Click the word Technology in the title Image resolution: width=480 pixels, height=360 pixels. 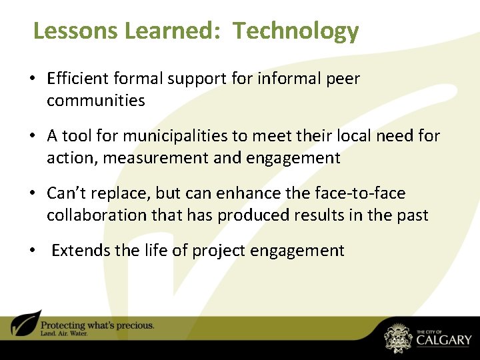(296, 31)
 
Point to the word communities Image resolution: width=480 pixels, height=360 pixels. (95, 101)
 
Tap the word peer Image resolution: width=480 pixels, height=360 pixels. (342, 79)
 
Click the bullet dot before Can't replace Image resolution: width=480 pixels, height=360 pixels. (31, 194)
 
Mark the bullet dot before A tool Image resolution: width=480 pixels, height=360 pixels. (31, 137)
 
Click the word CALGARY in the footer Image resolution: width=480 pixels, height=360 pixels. (443, 340)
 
